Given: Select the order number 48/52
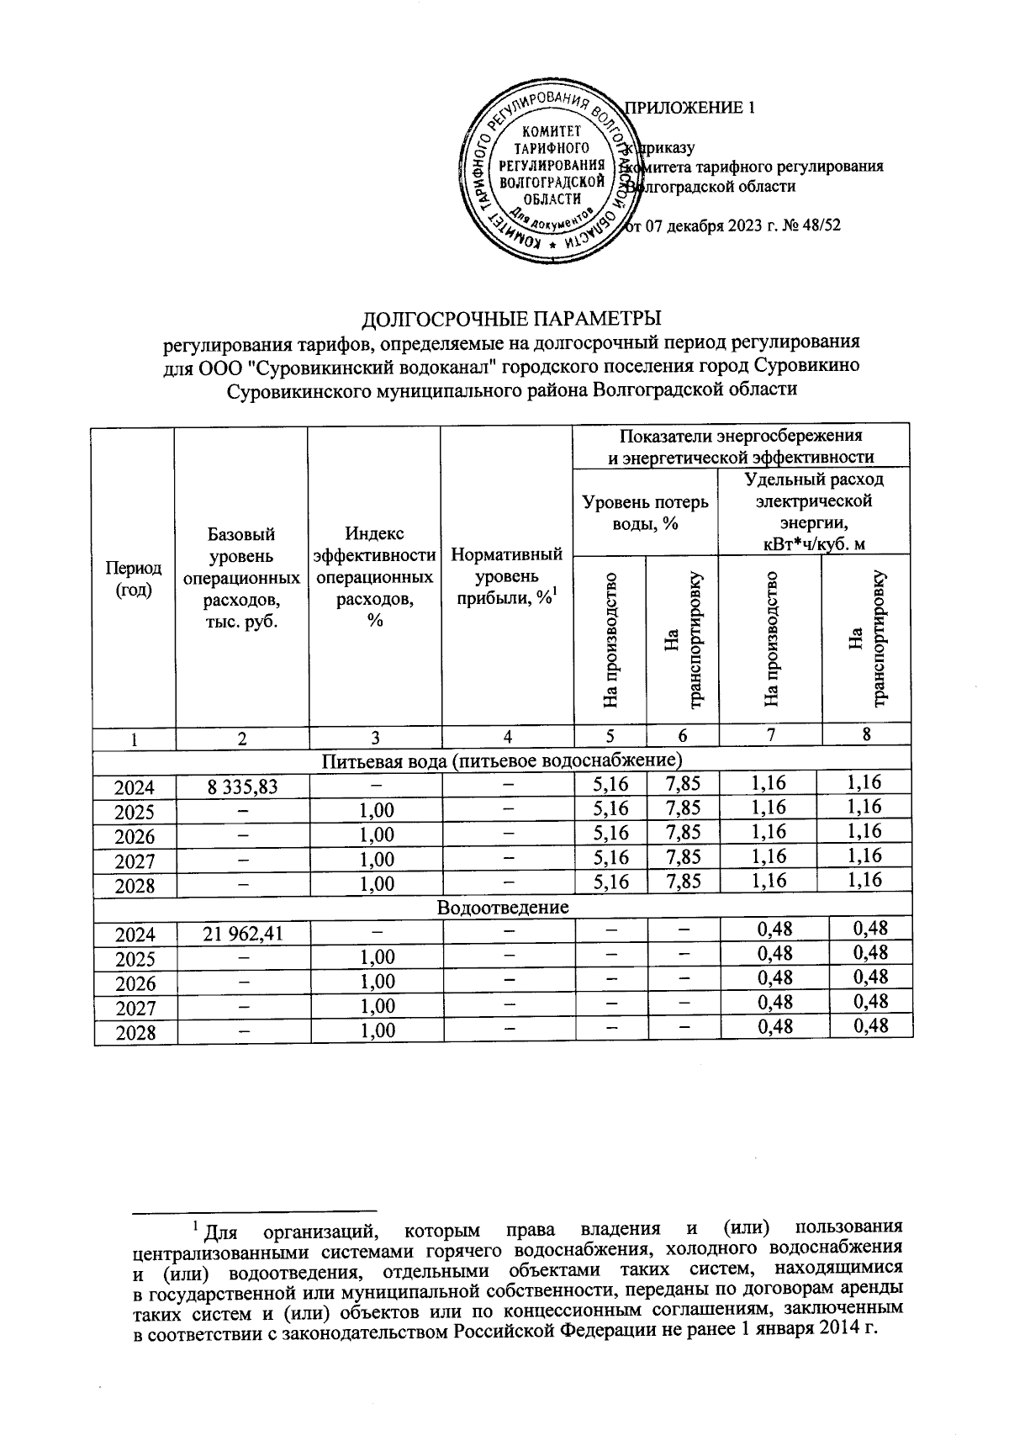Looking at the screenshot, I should [821, 225].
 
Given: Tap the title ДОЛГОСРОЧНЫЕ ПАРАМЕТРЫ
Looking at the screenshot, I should [511, 319].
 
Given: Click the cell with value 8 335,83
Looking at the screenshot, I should [242, 787].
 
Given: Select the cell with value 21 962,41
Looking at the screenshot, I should [242, 934].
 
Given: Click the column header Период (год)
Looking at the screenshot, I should [134, 579].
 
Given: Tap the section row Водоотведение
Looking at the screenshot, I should [503, 908].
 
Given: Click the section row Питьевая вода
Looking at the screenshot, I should [503, 761].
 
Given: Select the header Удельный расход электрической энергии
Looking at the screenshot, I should [813, 511].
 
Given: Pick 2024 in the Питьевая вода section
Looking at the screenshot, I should [135, 787].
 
